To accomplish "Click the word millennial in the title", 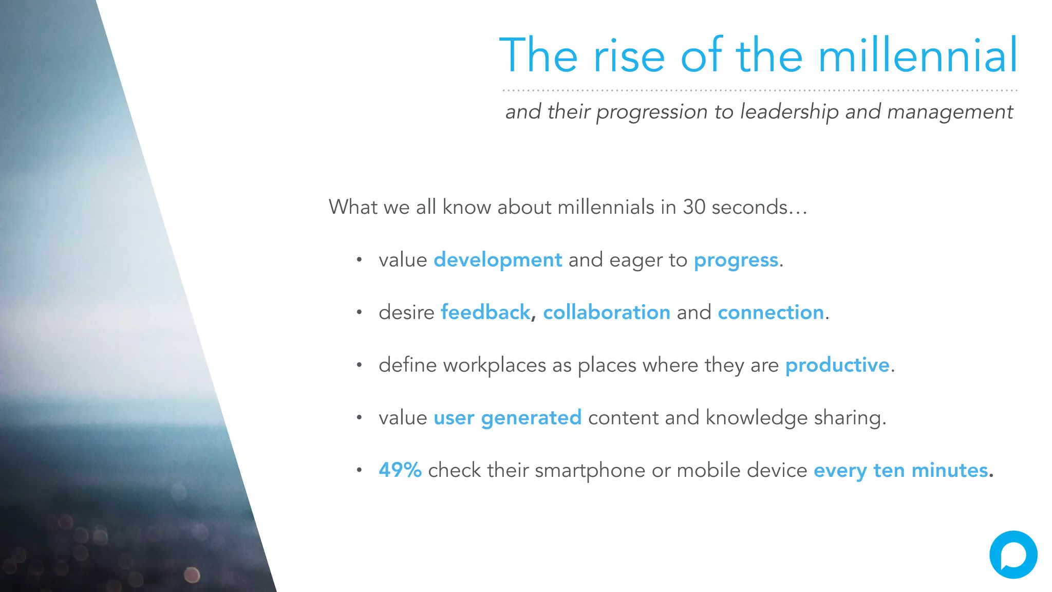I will point(917,55).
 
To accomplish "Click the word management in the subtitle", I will point(950,112).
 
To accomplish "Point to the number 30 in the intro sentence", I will point(694,207).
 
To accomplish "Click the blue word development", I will point(498,260).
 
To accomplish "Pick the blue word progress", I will point(736,261).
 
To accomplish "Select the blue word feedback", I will point(485,312).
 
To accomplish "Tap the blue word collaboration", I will point(606,312).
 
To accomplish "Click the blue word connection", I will point(771,312).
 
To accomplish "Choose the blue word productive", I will point(837,365).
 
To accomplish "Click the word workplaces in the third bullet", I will point(494,365).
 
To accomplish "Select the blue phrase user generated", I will point(508,418).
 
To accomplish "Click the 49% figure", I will point(400,470).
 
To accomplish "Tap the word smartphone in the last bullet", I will point(590,471).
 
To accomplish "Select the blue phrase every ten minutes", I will point(900,471).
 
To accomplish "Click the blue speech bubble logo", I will point(1013,554).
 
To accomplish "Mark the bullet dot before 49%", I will point(360,470).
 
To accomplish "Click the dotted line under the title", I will point(759,90).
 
